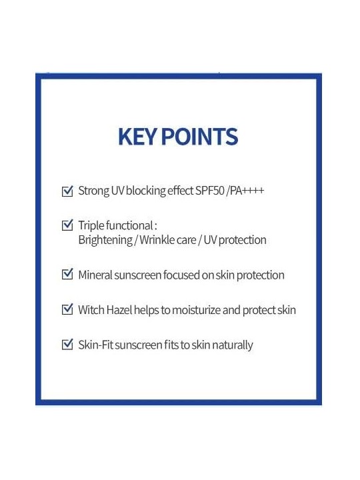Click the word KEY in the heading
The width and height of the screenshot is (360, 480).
coord(137,137)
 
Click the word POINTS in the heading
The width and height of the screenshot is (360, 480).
coord(199,137)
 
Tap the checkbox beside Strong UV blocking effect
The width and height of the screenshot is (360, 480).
coord(67,191)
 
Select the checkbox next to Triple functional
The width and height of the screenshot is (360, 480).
coord(67,225)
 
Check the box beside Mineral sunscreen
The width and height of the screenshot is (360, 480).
coord(67,274)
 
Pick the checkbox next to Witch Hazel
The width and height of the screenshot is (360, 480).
coord(67,309)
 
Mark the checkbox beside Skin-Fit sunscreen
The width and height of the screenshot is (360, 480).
coord(67,345)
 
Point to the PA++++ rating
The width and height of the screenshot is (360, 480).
coord(247,191)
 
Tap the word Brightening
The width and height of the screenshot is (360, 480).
coord(105,240)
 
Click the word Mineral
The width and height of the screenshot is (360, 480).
coord(95,275)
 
